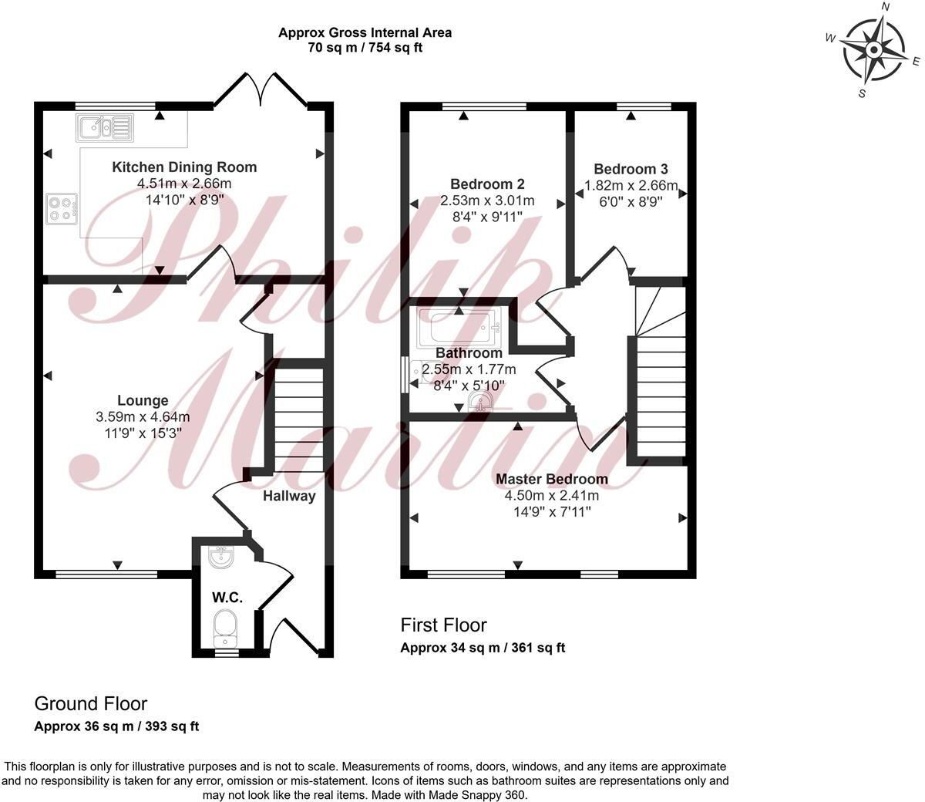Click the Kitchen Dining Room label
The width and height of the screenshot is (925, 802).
pos(184,167)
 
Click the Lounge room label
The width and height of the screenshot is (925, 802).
pos(143,401)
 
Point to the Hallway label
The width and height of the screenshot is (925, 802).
pos(289,497)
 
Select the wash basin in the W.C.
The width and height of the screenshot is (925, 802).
pos(222,557)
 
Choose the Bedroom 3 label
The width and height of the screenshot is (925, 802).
pos(631,169)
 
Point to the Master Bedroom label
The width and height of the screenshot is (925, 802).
pos(551,479)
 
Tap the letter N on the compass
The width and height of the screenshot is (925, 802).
pos(886,8)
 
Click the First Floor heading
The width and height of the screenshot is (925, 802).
pos(443,625)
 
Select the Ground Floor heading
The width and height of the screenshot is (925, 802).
pos(90,703)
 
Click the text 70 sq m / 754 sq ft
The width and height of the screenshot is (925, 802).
pos(365,48)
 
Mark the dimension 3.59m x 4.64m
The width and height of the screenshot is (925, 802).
pos(143,417)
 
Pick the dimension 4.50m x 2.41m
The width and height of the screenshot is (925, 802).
pos(551,495)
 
